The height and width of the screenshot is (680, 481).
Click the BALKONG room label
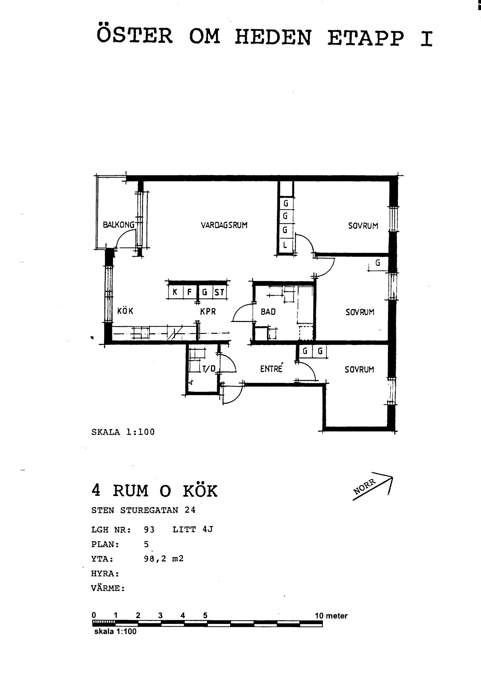tap(119, 224)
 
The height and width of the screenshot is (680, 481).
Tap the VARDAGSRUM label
tap(224, 225)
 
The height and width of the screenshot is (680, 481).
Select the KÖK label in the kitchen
tap(125, 311)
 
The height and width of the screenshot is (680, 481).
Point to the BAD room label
tap(268, 311)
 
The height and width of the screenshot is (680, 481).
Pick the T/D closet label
tap(209, 369)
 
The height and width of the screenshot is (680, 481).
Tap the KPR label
tap(208, 311)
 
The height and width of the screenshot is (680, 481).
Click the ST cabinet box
tap(219, 292)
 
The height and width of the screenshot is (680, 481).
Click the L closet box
tap(285, 244)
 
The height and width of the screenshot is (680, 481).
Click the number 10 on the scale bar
tap(319, 616)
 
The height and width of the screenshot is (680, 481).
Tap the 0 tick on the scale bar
tap(94, 615)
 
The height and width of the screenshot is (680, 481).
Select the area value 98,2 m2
tap(164, 559)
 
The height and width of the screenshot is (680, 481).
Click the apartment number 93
tap(149, 529)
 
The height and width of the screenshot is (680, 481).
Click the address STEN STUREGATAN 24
tap(143, 510)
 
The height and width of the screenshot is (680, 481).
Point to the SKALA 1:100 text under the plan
tap(123, 432)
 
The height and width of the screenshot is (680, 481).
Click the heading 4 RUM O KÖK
tap(154, 491)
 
